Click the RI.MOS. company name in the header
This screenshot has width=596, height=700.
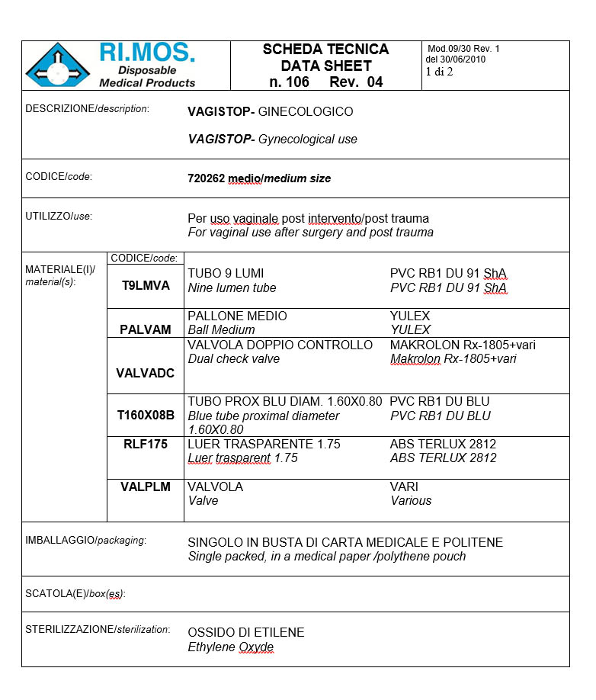click(147, 53)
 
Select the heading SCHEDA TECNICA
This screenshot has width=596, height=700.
click(325, 50)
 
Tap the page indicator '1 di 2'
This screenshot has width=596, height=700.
click(439, 72)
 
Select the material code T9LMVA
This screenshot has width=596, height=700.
click(146, 286)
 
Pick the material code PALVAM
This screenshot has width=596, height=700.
click(146, 329)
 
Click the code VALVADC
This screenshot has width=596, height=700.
click(146, 373)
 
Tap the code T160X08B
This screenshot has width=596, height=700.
click(146, 416)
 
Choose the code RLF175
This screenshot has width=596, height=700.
click(146, 444)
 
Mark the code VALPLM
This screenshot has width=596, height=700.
click(146, 486)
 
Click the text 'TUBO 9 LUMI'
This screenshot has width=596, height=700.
click(226, 274)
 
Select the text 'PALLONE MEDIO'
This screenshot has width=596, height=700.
click(237, 316)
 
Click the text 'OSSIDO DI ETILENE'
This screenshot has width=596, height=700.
click(245, 632)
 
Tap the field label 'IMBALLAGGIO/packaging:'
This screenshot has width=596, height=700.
click(85, 541)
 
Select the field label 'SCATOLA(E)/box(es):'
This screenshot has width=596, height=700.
click(75, 593)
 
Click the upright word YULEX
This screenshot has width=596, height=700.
click(410, 316)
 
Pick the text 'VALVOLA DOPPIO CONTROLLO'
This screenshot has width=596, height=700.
click(280, 345)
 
